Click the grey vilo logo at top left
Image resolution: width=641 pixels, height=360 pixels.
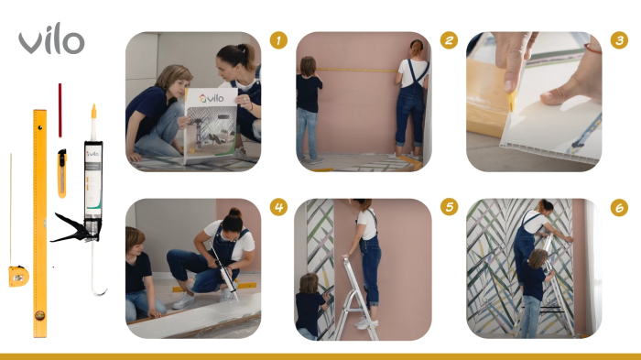[51, 40]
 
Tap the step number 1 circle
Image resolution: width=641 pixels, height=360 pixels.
[279, 40]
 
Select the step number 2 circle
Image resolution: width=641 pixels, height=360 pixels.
[449, 40]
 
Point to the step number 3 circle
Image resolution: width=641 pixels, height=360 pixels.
[619, 40]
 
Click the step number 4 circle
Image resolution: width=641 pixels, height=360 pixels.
[279, 207]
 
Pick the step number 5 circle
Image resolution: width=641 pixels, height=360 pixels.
[449, 207]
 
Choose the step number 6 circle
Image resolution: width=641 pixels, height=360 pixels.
[619, 207]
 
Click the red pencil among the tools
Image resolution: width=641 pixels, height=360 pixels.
[60, 110]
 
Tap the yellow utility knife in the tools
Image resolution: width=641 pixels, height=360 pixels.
[62, 169]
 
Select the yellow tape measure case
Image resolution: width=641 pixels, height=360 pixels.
[18, 275]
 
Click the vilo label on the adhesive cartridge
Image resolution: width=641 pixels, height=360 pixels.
[92, 156]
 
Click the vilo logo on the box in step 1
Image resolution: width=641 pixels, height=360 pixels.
[212, 97]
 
